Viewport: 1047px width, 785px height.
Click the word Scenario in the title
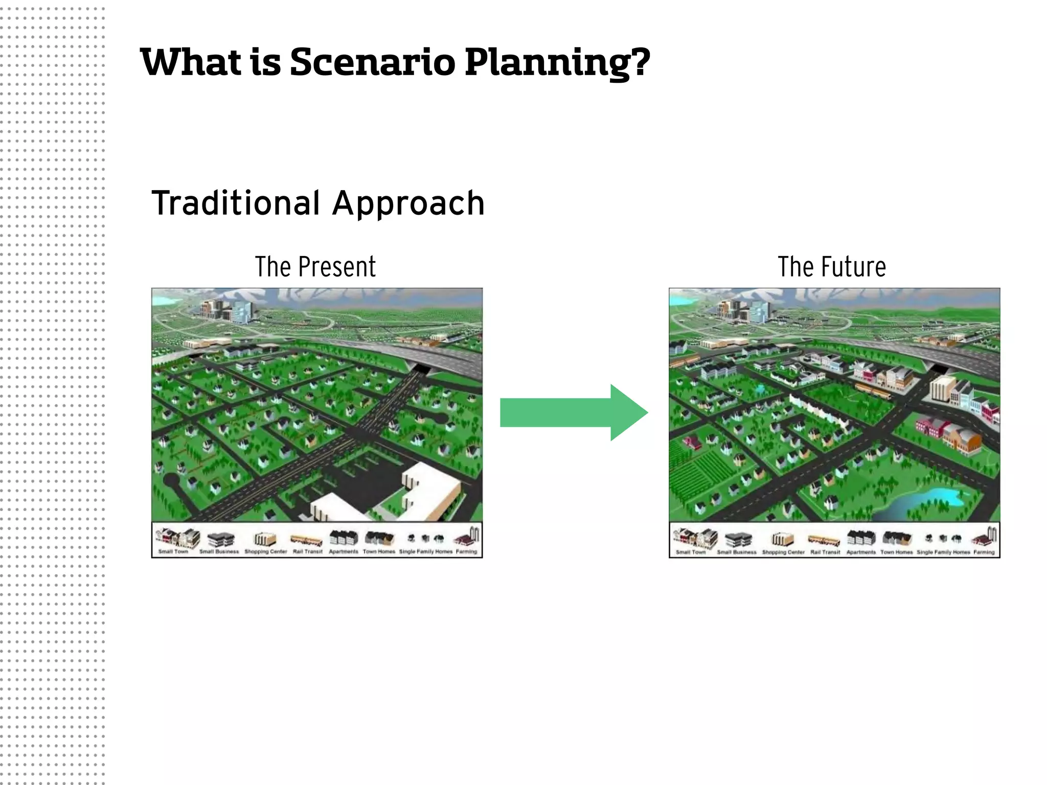point(372,62)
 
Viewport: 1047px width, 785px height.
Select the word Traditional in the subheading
point(236,203)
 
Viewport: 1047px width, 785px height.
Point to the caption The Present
point(315,267)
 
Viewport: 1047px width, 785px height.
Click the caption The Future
point(832,267)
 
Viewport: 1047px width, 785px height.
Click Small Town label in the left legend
point(173,552)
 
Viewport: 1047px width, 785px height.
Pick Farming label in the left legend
point(466,552)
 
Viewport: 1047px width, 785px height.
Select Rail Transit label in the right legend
point(825,552)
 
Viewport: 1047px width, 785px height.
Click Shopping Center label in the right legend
point(783,552)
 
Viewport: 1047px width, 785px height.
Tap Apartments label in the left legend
point(344,552)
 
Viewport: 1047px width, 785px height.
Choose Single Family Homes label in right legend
point(943,552)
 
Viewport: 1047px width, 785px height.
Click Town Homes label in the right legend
point(896,552)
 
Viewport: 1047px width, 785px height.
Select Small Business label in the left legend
point(219,552)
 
